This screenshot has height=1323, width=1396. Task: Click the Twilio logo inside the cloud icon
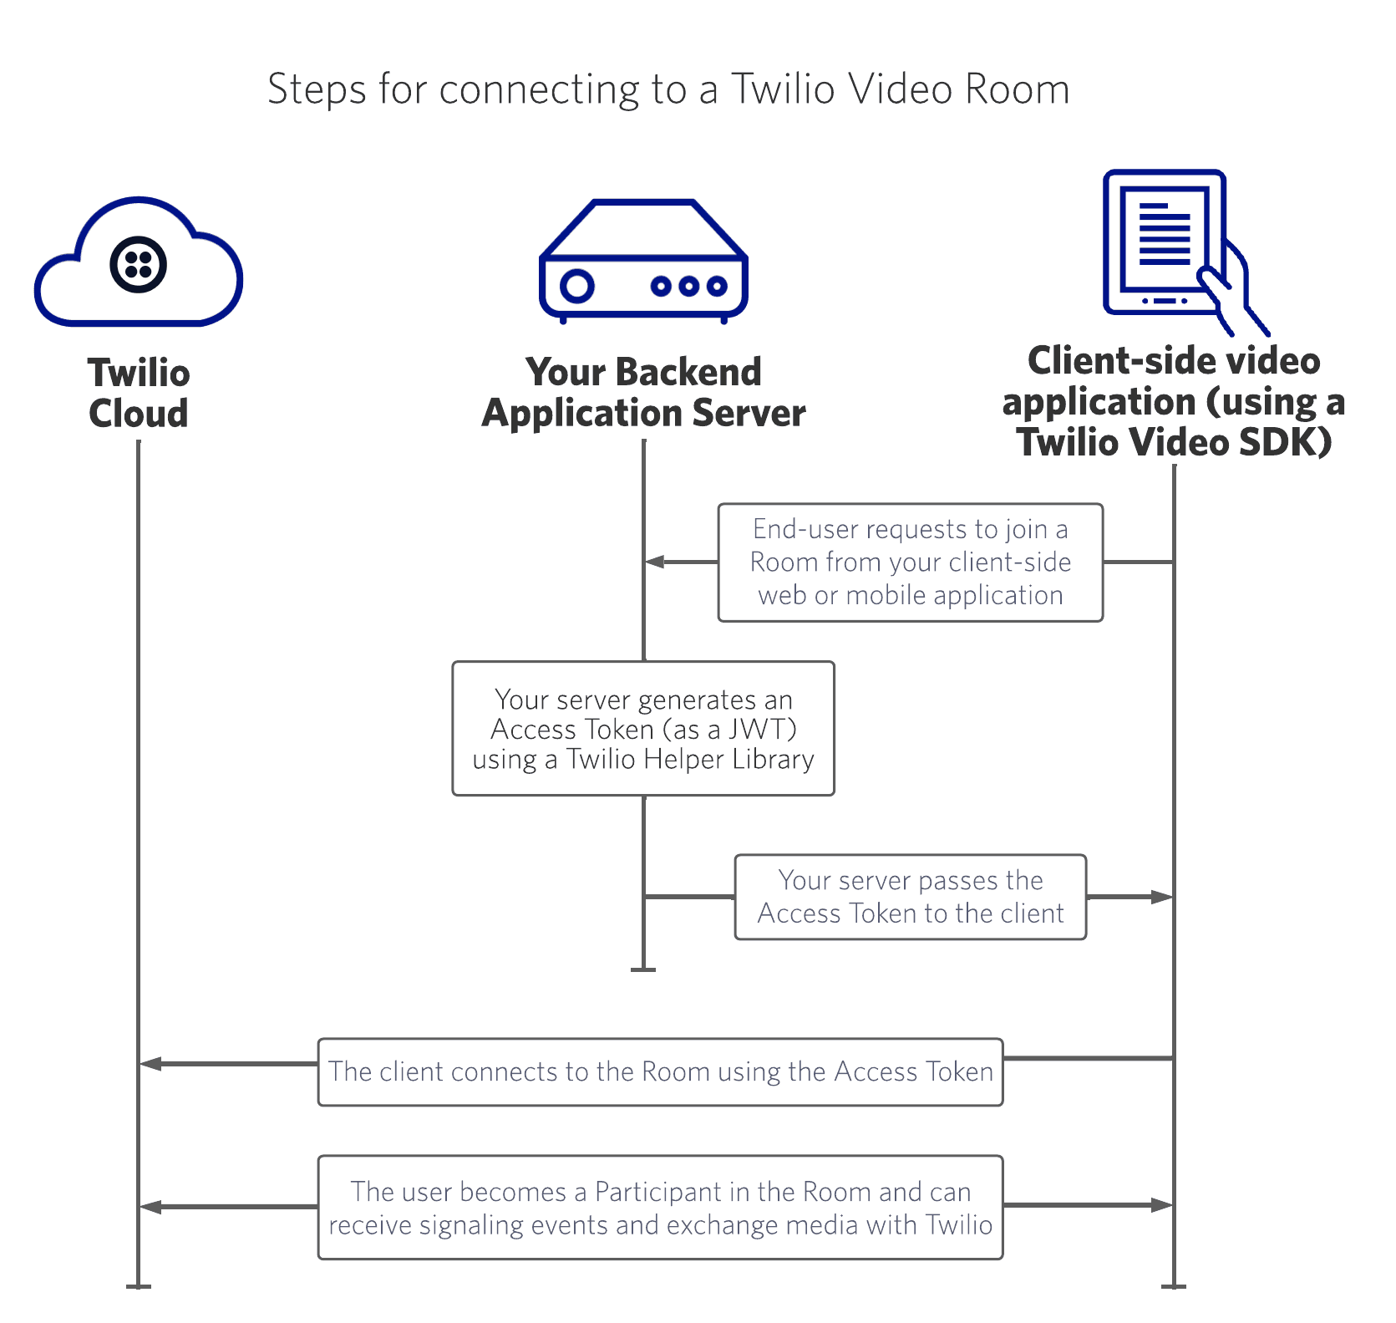pyautogui.click(x=138, y=265)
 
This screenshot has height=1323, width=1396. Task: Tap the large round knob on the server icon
pyautogui.click(x=576, y=286)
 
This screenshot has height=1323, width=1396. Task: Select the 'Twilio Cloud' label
pyautogui.click(x=139, y=393)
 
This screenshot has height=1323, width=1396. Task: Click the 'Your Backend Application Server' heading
pyautogui.click(x=643, y=392)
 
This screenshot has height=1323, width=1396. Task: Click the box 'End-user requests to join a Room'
pyautogui.click(x=910, y=562)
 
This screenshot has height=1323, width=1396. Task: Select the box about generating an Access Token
pyautogui.click(x=643, y=729)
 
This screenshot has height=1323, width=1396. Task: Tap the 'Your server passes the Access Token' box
pyautogui.click(x=910, y=897)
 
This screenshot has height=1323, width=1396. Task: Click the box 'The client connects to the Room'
pyautogui.click(x=660, y=1071)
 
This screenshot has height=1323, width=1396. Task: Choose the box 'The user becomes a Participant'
pyautogui.click(x=660, y=1208)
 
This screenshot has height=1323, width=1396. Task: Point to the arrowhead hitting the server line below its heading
pyautogui.click(x=654, y=562)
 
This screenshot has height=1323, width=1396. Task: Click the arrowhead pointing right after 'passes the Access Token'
pyautogui.click(x=1163, y=897)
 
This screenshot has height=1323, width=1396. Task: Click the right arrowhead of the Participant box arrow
pyautogui.click(x=1163, y=1205)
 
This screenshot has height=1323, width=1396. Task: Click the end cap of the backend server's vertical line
pyautogui.click(x=643, y=969)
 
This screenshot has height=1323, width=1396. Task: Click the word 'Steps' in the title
pyautogui.click(x=317, y=89)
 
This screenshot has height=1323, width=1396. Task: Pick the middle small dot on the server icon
pyautogui.click(x=688, y=287)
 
